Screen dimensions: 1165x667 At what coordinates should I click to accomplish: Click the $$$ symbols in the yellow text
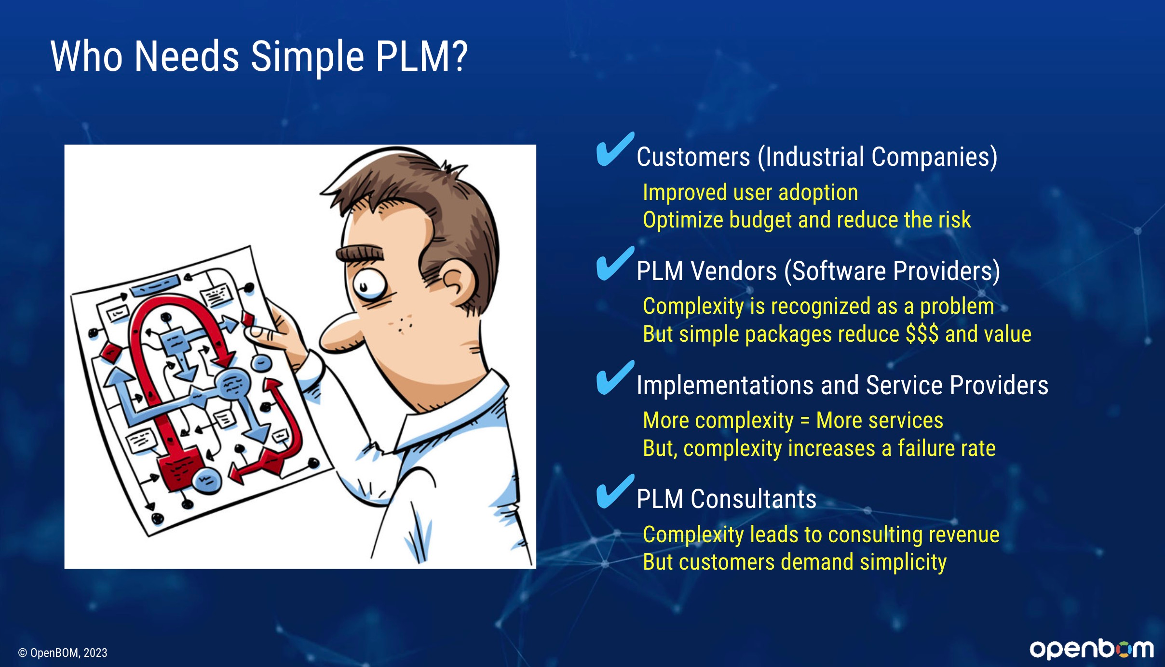[922, 334]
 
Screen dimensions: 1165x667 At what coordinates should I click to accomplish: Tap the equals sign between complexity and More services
[805, 421]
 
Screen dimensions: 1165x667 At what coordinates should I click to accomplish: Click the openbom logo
[1092, 649]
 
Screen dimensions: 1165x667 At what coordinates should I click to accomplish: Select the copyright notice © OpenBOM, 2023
[63, 653]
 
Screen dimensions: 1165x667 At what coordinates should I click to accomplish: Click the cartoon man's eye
[369, 284]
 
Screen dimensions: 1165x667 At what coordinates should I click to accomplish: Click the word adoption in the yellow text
[818, 193]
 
